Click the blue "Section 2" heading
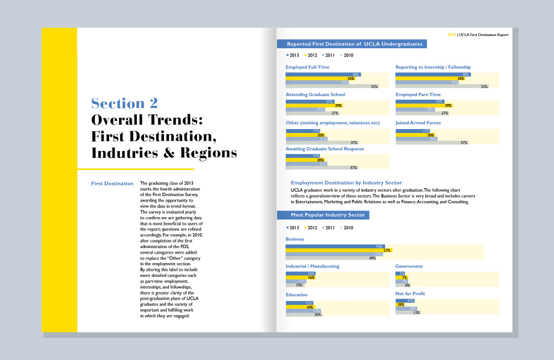[x=124, y=103]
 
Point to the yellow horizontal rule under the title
[x=135, y=169]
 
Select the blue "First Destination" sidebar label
[x=112, y=183]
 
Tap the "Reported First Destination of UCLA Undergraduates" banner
[x=354, y=44]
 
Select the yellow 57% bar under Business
[x=338, y=250]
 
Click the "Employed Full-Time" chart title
[x=307, y=67]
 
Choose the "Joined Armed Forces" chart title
[x=418, y=123]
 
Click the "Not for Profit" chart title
[x=410, y=295]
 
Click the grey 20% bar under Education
[x=304, y=314]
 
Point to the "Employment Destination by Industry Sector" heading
[x=346, y=182]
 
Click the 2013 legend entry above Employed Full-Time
[x=292, y=55]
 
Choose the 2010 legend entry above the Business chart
[x=347, y=228]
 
